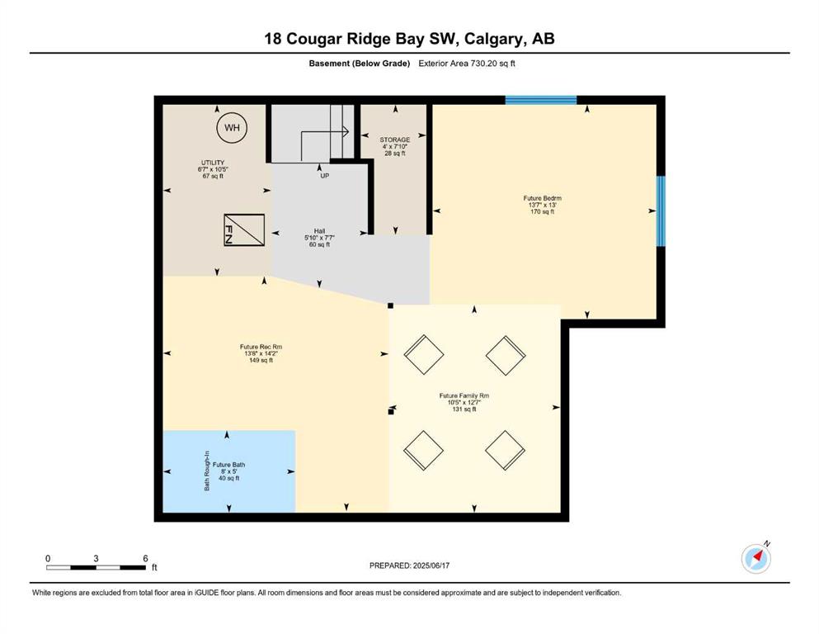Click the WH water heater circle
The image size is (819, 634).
232,127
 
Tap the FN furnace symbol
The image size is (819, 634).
244,230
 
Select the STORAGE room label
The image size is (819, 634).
395,140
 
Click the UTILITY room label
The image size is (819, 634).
213,163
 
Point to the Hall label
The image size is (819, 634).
320,231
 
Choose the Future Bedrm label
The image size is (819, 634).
542,198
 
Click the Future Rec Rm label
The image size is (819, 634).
261,347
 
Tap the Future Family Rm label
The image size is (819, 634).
464,395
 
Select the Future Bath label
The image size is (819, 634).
228,465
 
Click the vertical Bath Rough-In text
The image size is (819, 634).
207,471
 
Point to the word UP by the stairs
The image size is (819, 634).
325,176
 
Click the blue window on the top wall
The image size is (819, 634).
540,101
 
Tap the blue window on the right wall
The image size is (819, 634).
661,211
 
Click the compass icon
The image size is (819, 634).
755,558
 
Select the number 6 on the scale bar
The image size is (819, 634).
145,558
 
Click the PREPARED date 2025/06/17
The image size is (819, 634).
431,565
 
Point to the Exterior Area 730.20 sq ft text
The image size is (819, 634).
467,64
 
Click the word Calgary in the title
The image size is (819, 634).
494,39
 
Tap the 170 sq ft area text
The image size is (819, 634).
542,211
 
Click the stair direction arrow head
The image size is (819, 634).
346,131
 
